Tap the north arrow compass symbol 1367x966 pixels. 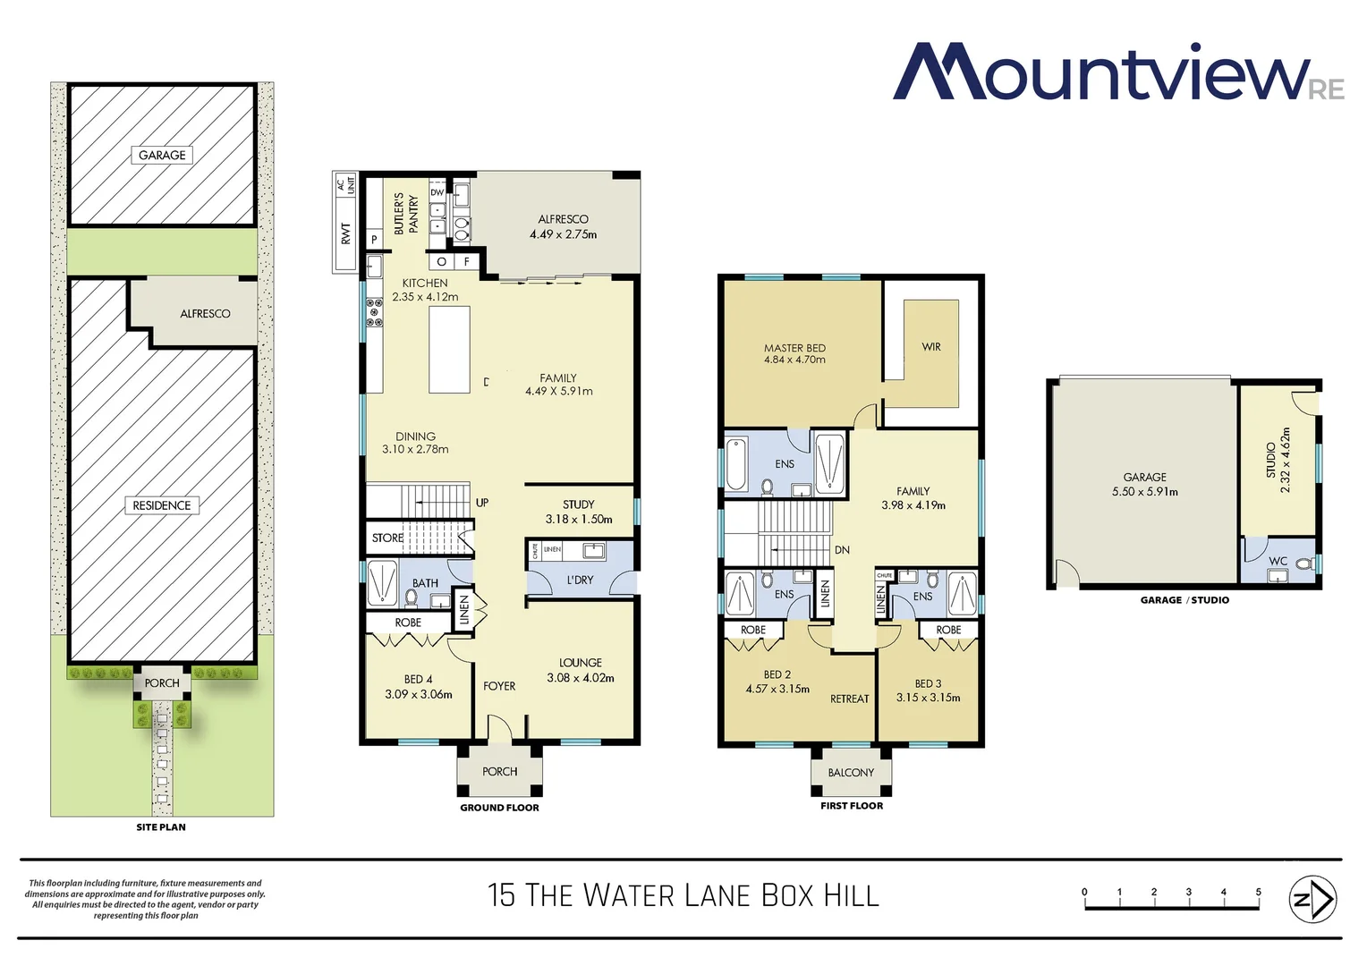pyautogui.click(x=1312, y=899)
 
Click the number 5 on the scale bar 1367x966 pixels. pyautogui.click(x=1258, y=892)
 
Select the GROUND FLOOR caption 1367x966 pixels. pyautogui.click(x=499, y=808)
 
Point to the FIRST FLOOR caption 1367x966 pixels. pyautogui.click(x=852, y=806)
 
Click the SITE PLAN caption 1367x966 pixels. pyautogui.click(x=161, y=827)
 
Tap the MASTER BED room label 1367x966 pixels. pyautogui.click(x=794, y=348)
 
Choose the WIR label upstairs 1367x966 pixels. pyautogui.click(x=931, y=347)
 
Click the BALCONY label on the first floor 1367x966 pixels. pyautogui.click(x=851, y=773)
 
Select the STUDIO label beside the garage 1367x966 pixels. pyautogui.click(x=1270, y=460)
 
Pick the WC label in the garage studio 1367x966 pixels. pyautogui.click(x=1278, y=562)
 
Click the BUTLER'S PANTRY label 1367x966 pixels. pyautogui.click(x=406, y=214)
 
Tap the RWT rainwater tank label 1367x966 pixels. pyautogui.click(x=346, y=234)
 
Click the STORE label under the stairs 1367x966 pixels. pyautogui.click(x=387, y=538)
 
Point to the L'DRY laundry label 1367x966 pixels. pyautogui.click(x=581, y=580)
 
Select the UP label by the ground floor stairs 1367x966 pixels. pyautogui.click(x=482, y=503)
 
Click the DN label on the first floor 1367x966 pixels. pyautogui.click(x=842, y=550)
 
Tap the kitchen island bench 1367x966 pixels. pyautogui.click(x=449, y=350)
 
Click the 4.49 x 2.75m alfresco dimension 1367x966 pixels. pyautogui.click(x=563, y=234)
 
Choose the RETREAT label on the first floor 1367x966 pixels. pyautogui.click(x=849, y=699)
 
